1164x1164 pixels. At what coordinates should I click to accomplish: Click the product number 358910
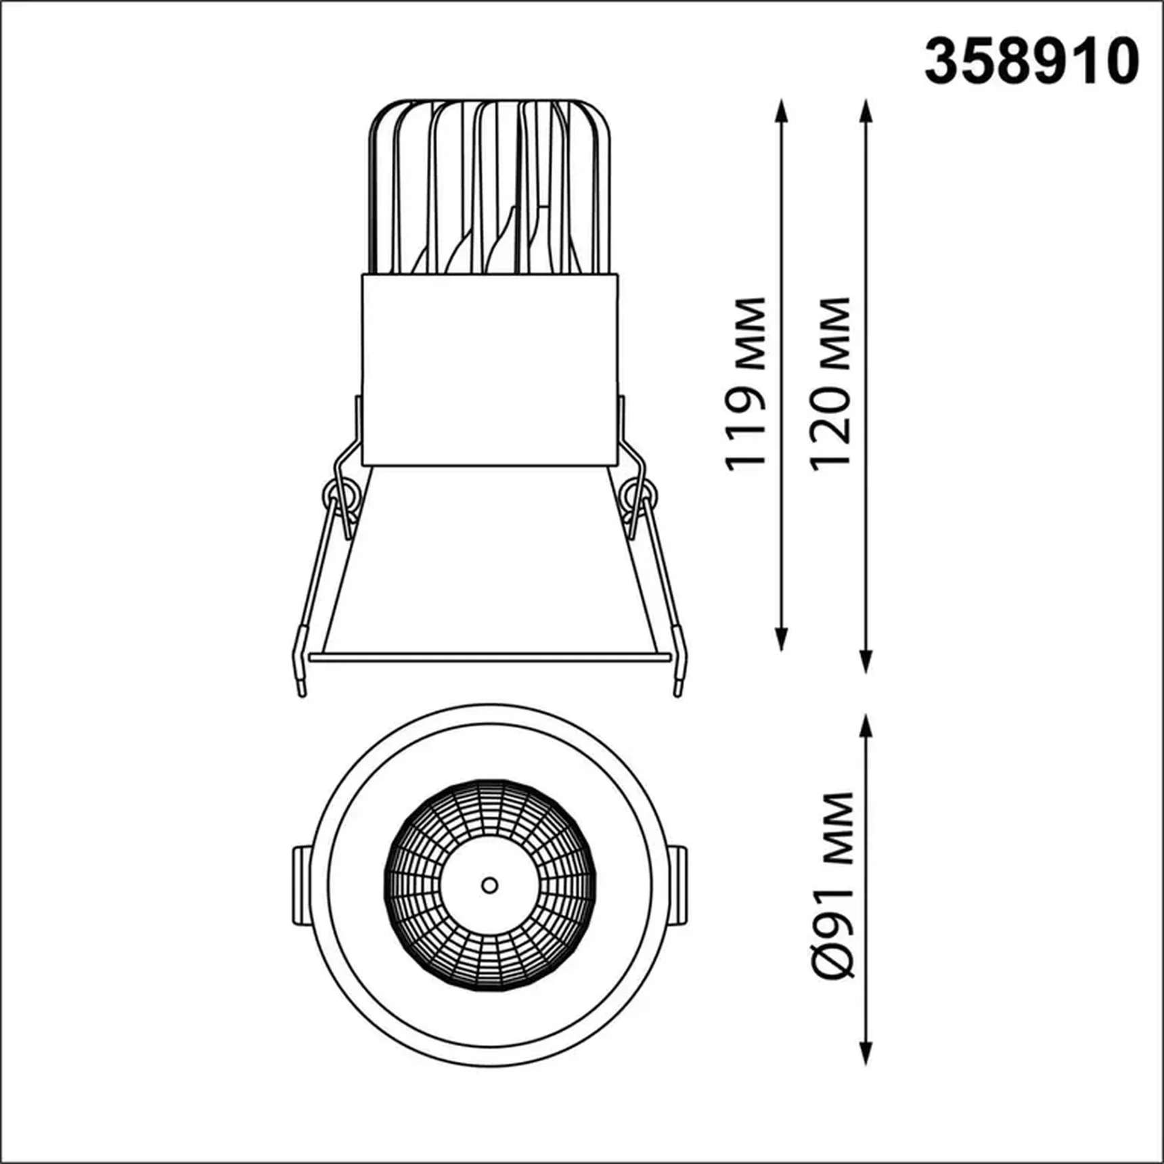point(1031,62)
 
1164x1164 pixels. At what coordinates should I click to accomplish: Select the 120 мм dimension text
point(830,383)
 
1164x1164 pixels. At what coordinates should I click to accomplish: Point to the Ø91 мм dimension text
point(832,885)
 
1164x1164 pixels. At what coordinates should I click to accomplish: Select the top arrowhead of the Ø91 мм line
point(866,725)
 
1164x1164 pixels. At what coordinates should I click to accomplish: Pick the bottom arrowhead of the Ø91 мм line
point(866,1056)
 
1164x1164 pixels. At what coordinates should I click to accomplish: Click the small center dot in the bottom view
point(489,885)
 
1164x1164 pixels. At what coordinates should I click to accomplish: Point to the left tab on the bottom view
point(302,885)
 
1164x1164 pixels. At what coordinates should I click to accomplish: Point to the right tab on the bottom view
point(679,885)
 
